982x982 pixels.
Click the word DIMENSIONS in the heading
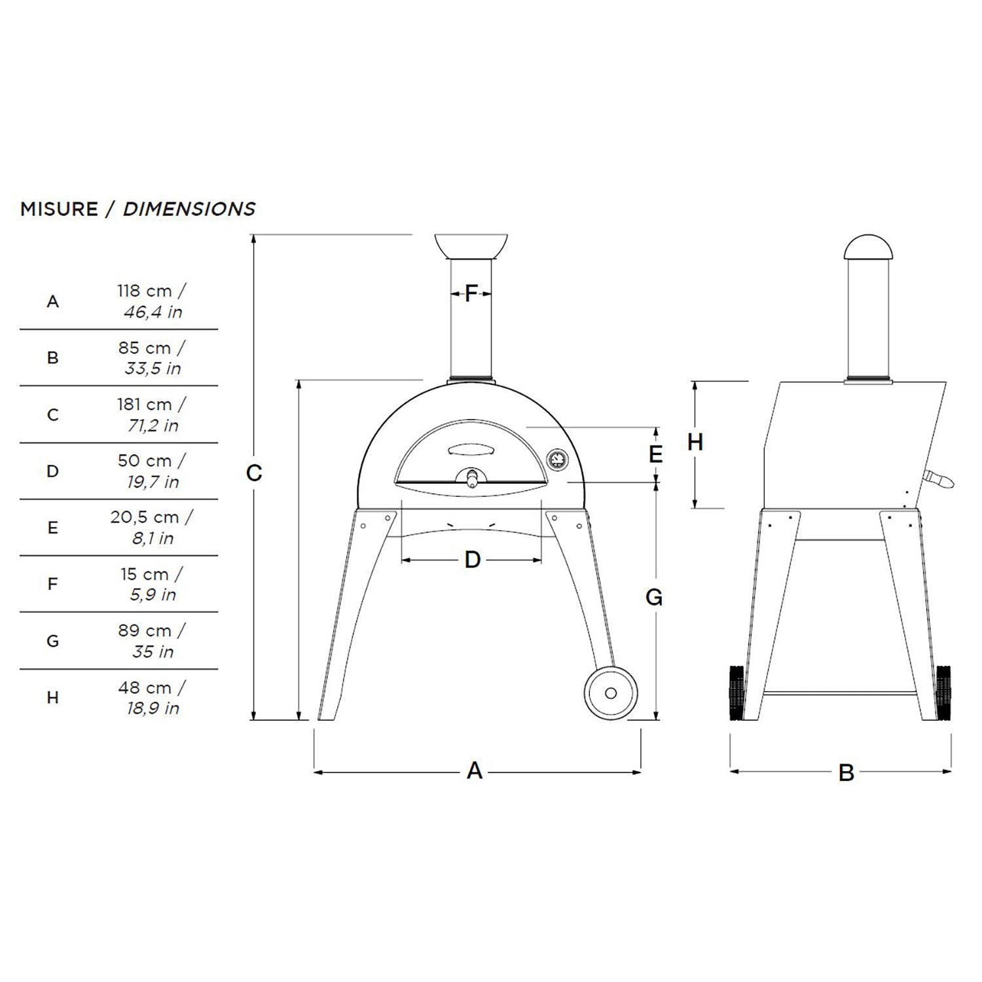(x=189, y=209)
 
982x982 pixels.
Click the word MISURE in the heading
(x=59, y=209)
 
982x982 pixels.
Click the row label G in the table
(x=53, y=641)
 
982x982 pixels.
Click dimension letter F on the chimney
(x=471, y=294)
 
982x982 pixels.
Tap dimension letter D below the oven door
(x=473, y=560)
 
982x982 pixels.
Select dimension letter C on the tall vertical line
(x=254, y=473)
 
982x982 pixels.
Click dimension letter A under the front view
(x=475, y=771)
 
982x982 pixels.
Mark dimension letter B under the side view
(x=846, y=773)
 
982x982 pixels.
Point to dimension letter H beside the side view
(x=695, y=443)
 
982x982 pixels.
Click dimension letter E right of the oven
(x=655, y=454)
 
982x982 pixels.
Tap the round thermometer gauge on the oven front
(x=557, y=460)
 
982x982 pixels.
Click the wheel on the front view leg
(x=610, y=693)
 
